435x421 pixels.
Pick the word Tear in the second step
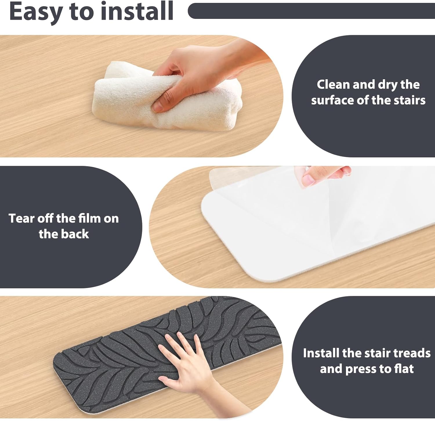[x=21, y=218]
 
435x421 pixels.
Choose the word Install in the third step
[x=321, y=353]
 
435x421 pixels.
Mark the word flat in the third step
[x=404, y=369]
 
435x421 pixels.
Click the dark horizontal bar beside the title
[x=311, y=11]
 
